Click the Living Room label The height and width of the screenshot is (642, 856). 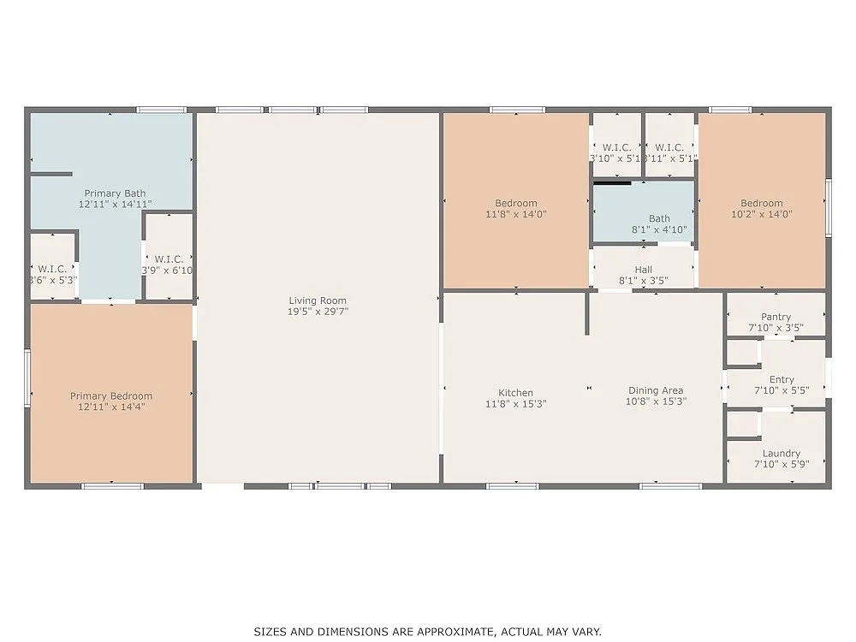pyautogui.click(x=317, y=300)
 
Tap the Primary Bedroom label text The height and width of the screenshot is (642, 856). pyautogui.click(x=111, y=395)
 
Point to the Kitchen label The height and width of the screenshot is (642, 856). pyautogui.click(x=515, y=393)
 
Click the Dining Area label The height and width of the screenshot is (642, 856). pyautogui.click(x=655, y=390)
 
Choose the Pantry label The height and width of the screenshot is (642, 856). pyautogui.click(x=776, y=317)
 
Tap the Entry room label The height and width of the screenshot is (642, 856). pyautogui.click(x=781, y=379)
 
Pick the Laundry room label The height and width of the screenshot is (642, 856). pyautogui.click(x=781, y=453)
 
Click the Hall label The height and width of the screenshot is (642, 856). pyautogui.click(x=643, y=270)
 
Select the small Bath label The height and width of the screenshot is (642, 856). pyautogui.click(x=659, y=219)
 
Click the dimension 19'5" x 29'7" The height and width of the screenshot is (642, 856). pyautogui.click(x=318, y=312)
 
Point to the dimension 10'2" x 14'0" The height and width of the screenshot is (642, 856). pyautogui.click(x=761, y=214)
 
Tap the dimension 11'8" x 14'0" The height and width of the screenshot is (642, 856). pyautogui.click(x=515, y=214)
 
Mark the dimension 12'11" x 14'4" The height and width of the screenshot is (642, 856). pyautogui.click(x=111, y=407)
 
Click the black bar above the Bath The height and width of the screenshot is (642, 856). pyautogui.click(x=612, y=181)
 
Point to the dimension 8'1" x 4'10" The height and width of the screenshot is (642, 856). pyautogui.click(x=659, y=229)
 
